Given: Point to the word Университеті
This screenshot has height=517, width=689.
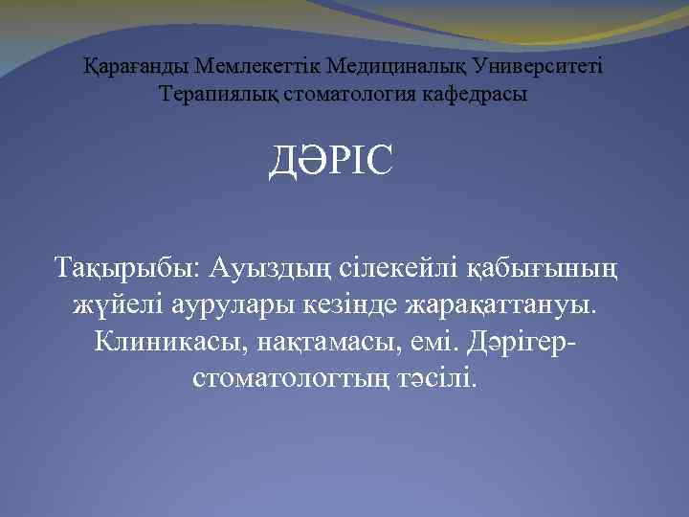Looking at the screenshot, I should [x=542, y=68].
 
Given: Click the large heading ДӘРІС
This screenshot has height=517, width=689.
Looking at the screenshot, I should [x=330, y=162].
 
